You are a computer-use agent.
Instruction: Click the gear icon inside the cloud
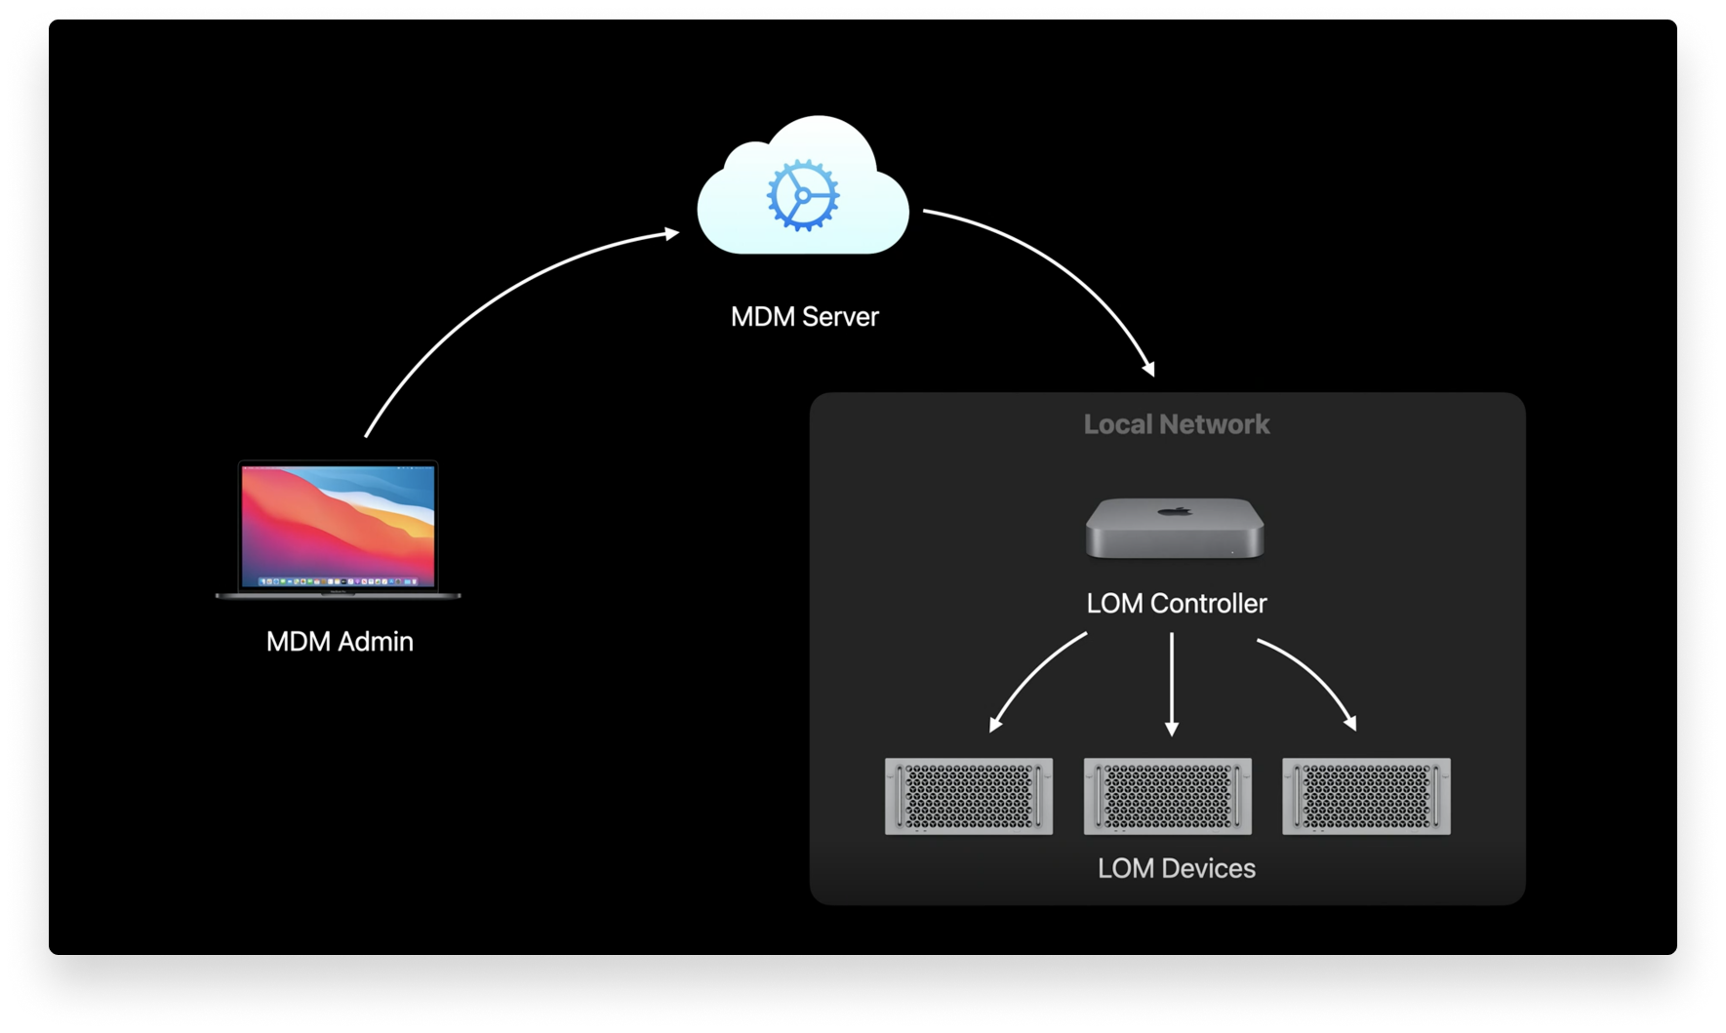coord(802,195)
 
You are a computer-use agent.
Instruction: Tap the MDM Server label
coord(804,317)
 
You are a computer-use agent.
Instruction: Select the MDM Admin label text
coord(340,642)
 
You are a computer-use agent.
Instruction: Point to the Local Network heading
coord(1176,424)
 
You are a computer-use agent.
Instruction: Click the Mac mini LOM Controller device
coord(1175,530)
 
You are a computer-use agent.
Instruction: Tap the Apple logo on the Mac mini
coord(1176,510)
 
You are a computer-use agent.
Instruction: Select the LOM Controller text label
coord(1176,604)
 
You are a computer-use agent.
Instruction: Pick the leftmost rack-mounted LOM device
coord(968,796)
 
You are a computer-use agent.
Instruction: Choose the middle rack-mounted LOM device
coord(1167,796)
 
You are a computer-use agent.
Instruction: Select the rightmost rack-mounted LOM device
coord(1366,796)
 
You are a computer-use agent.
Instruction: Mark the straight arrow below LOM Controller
coord(1172,683)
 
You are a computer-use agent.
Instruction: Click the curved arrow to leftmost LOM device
coord(1029,673)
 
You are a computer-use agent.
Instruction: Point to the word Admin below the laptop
coord(375,642)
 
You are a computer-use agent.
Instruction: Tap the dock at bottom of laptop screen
coord(338,581)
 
